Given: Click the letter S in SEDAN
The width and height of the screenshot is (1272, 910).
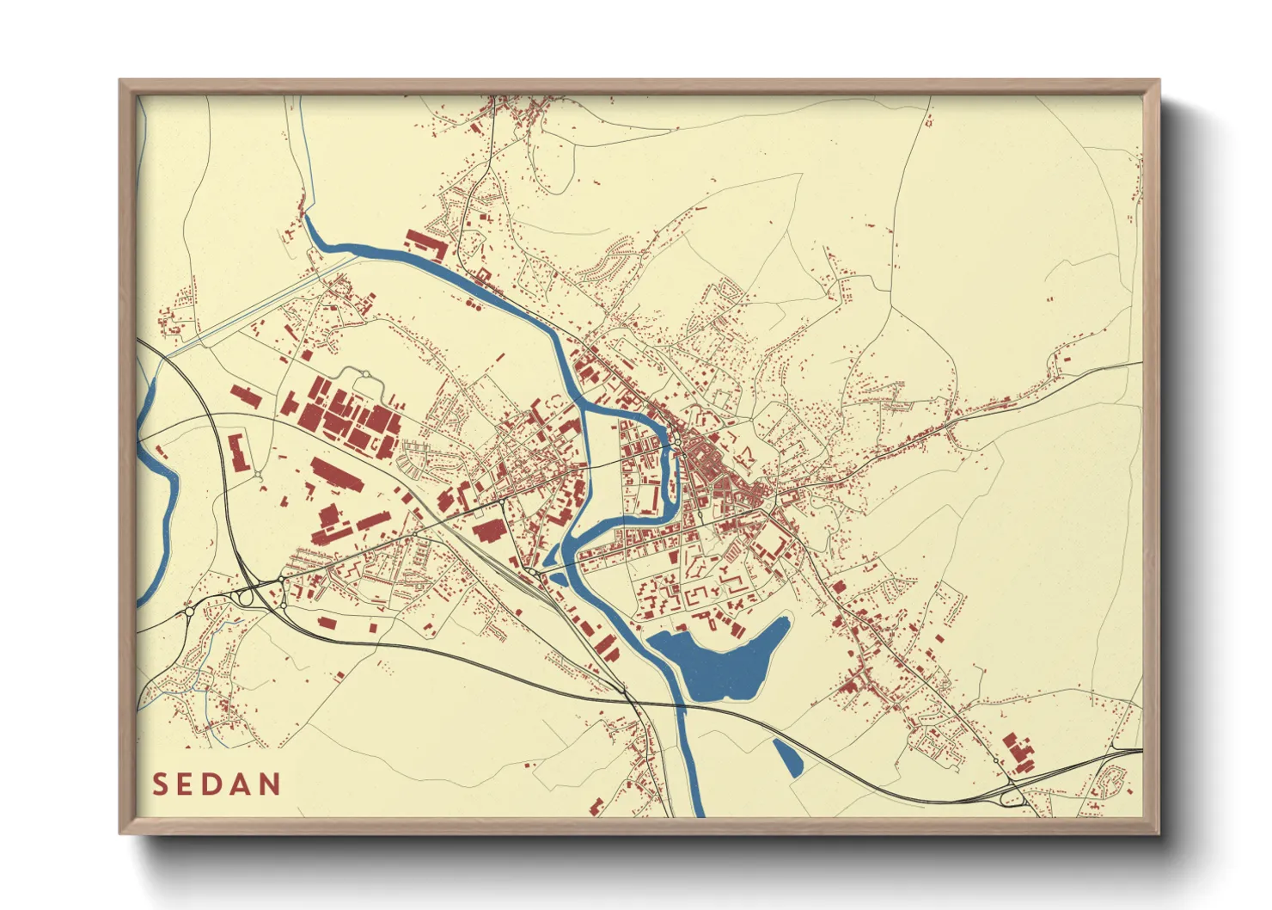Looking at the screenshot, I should pyautogui.click(x=160, y=784).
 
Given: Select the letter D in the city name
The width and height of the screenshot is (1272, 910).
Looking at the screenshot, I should pyautogui.click(x=215, y=784).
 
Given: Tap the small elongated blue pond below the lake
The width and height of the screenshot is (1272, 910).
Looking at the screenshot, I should pyautogui.click(x=787, y=758).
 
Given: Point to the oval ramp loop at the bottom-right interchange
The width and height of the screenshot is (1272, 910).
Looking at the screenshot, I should pyautogui.click(x=1012, y=798).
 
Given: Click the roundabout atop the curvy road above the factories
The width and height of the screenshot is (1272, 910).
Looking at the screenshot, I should pyautogui.click(x=365, y=374).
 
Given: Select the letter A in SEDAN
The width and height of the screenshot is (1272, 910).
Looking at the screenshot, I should pyautogui.click(x=243, y=784).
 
